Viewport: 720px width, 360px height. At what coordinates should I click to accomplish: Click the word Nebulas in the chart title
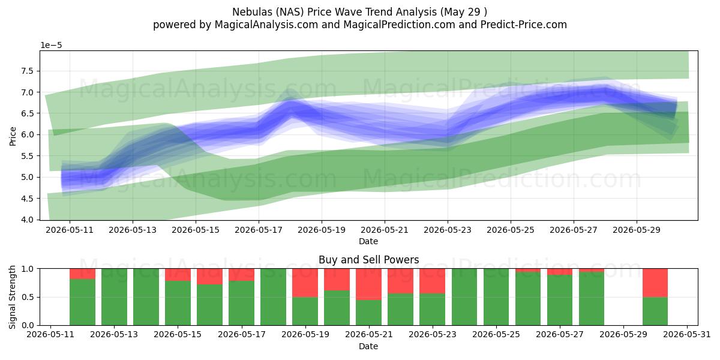tap(251, 12)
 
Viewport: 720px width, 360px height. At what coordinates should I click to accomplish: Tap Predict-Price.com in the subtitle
tap(524, 25)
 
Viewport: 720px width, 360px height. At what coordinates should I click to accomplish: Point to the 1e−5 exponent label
tap(51, 46)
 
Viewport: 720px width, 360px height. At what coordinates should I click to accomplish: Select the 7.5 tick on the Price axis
tap(28, 71)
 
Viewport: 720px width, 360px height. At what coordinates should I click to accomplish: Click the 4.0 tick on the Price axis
tap(28, 220)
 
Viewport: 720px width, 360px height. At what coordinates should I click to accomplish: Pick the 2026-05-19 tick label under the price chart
tap(322, 230)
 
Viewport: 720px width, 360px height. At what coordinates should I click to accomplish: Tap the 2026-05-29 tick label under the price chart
tap(637, 230)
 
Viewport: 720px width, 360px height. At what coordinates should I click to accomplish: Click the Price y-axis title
tap(13, 137)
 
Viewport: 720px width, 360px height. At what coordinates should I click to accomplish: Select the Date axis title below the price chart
tap(368, 241)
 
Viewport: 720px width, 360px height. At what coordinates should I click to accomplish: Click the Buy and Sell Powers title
tap(368, 260)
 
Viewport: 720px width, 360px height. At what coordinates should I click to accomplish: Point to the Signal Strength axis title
tap(12, 297)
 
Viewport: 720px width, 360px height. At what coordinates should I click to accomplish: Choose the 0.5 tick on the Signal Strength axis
tap(28, 298)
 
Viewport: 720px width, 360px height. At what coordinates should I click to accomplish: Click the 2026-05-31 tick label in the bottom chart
tap(687, 335)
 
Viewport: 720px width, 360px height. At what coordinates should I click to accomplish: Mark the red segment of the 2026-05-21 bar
tap(368, 284)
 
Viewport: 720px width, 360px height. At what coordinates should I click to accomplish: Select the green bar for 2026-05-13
tap(114, 297)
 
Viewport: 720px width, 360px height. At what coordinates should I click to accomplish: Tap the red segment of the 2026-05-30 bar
tap(655, 283)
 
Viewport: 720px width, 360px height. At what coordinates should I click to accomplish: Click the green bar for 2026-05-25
tap(496, 297)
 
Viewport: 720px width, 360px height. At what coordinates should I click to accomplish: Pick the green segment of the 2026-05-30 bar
tap(655, 311)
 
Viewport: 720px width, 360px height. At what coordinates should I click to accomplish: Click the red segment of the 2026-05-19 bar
tap(305, 283)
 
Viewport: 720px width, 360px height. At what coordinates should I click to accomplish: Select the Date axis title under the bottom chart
tap(368, 347)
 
